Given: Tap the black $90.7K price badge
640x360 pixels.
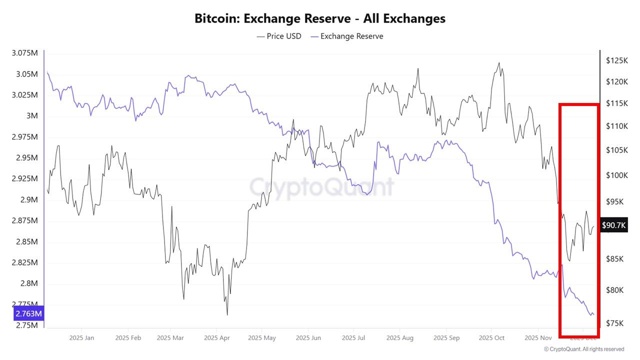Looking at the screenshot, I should tap(613, 225).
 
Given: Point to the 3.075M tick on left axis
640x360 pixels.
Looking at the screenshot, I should tap(24, 53).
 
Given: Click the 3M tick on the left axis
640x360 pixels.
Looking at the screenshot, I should tap(32, 116).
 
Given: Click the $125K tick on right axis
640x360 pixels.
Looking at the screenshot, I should tap(616, 60).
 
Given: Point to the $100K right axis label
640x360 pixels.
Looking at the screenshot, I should tap(616, 175).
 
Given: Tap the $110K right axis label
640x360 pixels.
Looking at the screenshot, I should tap(616, 126).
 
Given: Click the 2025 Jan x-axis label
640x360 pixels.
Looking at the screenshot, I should tap(82, 338).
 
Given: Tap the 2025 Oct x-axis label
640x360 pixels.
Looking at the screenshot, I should tap(491, 338).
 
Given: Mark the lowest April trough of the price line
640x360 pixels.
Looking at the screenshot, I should tap(227, 315).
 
